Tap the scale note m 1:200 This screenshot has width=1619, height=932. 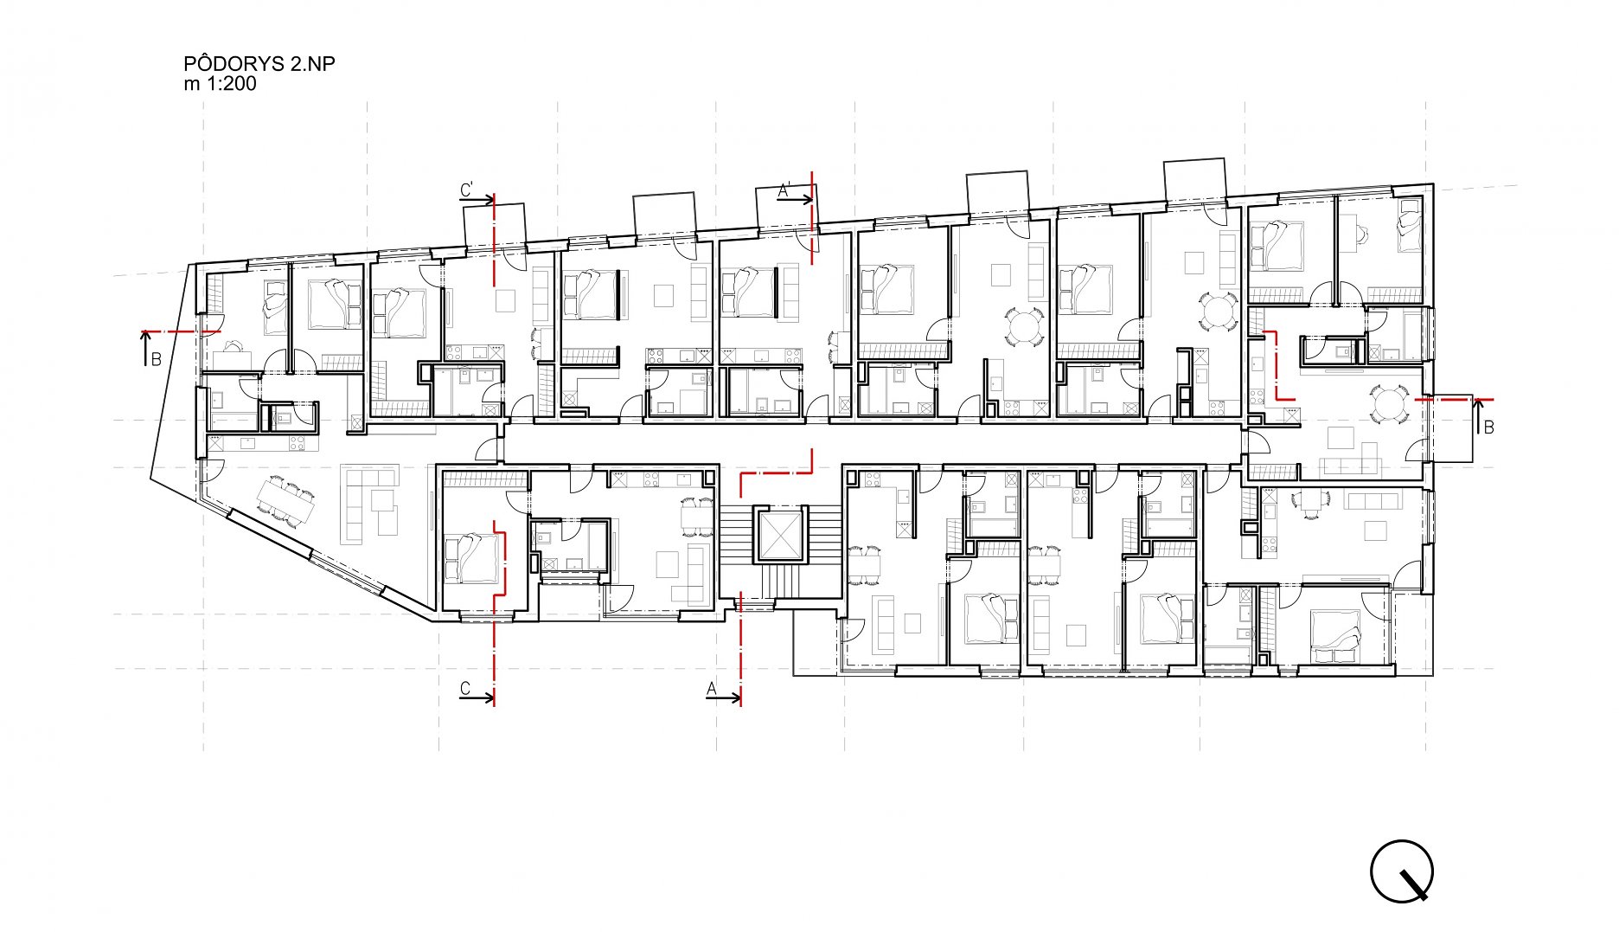(x=221, y=84)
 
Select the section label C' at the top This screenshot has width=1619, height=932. (x=467, y=190)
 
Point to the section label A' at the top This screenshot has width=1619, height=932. (x=786, y=190)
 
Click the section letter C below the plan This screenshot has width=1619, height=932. (x=465, y=688)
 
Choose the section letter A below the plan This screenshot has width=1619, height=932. (x=713, y=689)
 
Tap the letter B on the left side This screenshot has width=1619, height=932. (x=157, y=359)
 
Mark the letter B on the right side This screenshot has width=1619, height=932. (x=1488, y=427)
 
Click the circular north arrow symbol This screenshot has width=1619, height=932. (x=1401, y=871)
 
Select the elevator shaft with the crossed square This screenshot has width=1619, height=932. (x=779, y=535)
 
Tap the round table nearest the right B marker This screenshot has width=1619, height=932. (x=1386, y=404)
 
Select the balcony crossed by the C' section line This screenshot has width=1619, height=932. (x=495, y=223)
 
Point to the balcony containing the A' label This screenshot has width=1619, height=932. (x=786, y=206)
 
